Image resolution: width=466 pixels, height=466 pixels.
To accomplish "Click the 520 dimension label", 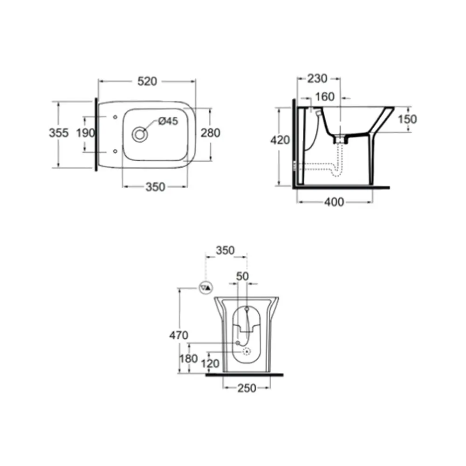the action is coord(147,81).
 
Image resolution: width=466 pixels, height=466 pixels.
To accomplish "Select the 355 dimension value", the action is coord(59,133).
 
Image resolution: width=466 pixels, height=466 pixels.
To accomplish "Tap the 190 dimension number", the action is coord(86,133).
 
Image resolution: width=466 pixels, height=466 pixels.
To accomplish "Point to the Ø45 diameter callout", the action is coord(168,121).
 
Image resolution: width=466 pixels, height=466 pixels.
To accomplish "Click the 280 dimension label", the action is coord(211,133).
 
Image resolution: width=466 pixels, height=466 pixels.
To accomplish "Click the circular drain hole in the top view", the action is coord(140,134).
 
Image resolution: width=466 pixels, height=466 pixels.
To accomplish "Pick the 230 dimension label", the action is coord(317,78).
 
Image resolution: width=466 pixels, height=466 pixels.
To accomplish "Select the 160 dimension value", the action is coord(324,96).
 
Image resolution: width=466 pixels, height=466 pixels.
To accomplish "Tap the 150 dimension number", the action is coord(407,119).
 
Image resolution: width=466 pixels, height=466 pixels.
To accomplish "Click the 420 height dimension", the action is coord(280,140).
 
